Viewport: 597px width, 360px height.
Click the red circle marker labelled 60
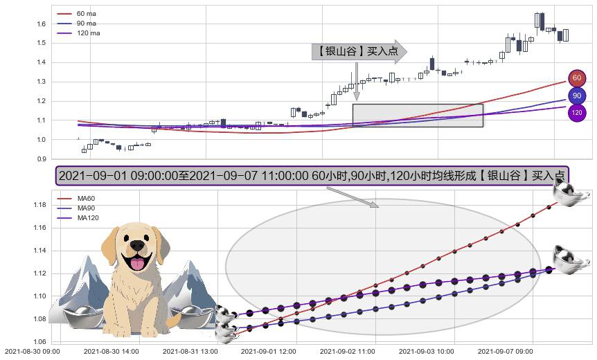pos(576,78)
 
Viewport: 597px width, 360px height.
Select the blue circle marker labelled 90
pos(576,96)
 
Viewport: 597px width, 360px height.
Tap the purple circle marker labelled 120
pos(576,112)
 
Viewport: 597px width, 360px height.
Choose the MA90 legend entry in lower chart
pos(86,208)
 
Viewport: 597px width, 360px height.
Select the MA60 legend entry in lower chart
pos(86,199)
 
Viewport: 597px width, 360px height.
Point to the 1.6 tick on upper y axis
pos(41,24)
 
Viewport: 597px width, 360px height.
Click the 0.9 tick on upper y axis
pos(41,159)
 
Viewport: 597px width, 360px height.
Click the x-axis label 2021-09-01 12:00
pos(269,352)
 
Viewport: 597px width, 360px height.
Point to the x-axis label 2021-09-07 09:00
pos(506,352)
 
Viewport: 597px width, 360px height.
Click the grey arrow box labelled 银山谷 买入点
pos(359,51)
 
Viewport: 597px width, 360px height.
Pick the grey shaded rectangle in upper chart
pos(418,115)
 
